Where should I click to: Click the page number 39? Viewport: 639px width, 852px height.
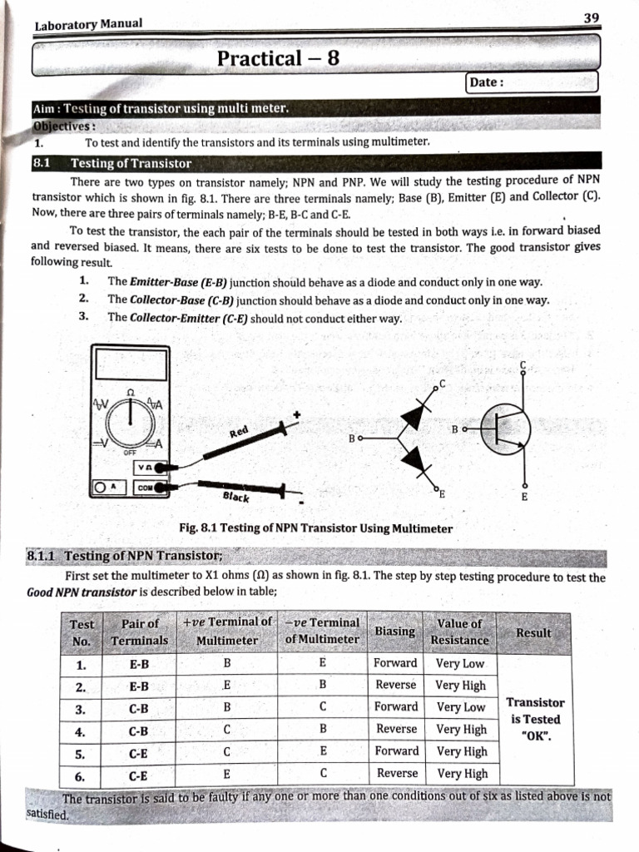coord(592,17)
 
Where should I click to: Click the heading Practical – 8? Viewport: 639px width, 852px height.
coord(277,58)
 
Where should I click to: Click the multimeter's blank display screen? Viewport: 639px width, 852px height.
coord(131,364)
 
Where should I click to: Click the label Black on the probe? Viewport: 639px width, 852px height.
coord(236,497)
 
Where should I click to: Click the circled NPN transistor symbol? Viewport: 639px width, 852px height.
coord(505,429)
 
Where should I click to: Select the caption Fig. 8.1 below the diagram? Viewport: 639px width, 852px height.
coord(315,528)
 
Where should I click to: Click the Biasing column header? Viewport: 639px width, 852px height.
coord(395,632)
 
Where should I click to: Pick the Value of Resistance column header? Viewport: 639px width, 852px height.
coord(459,632)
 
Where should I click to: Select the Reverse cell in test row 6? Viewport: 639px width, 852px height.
coord(397,773)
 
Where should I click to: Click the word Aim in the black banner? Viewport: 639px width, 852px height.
coord(45,108)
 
